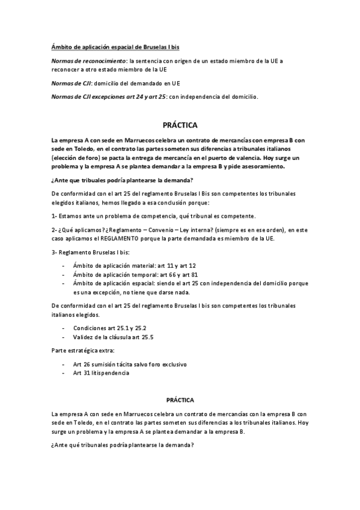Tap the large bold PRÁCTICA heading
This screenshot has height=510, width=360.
click(180, 126)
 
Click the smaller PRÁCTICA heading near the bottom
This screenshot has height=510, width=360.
click(180, 399)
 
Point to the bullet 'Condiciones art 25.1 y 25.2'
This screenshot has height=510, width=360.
click(110, 328)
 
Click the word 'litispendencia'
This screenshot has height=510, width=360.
click(110, 373)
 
